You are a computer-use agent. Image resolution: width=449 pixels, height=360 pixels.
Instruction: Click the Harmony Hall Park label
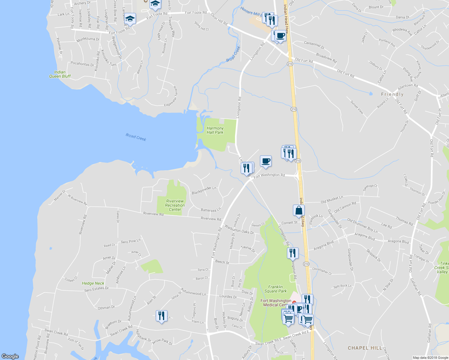click(215, 130)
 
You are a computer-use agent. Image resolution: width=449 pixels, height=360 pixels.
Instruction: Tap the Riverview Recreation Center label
click(175, 205)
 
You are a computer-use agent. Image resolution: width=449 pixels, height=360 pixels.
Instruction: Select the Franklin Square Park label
click(276, 289)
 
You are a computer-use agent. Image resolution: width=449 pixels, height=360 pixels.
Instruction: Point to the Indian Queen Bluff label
click(60, 74)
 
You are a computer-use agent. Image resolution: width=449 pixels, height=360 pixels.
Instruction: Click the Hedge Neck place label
click(93, 283)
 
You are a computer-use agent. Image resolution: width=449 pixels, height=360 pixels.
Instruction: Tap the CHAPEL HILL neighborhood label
click(365, 348)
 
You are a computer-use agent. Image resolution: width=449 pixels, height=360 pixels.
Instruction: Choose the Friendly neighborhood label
click(392, 94)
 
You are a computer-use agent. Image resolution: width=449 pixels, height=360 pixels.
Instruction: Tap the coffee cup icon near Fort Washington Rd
click(266, 161)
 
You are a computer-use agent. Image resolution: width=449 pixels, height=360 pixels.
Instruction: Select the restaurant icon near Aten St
click(161, 316)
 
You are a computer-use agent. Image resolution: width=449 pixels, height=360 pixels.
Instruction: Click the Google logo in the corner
click(10, 356)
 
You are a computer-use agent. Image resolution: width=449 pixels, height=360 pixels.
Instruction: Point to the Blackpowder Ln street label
click(204, 190)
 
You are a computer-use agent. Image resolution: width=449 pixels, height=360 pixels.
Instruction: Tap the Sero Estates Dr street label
click(96, 289)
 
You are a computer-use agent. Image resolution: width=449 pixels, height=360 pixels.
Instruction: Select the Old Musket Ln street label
click(332, 199)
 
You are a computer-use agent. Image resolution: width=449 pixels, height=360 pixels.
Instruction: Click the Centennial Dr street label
click(314, 45)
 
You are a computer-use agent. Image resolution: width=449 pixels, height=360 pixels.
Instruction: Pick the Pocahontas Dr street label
click(82, 64)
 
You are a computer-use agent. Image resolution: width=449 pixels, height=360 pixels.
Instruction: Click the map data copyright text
click(430, 358)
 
